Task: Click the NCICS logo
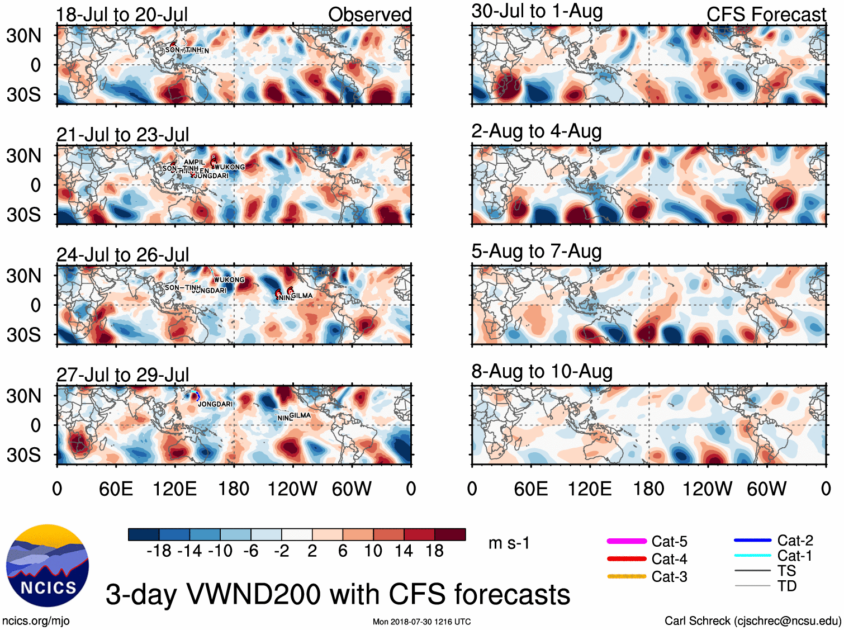coord(48,565)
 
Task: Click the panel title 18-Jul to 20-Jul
coord(122,15)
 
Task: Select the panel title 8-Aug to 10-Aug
coord(542,371)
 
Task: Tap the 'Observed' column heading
coord(369,15)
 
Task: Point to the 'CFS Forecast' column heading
coord(766,15)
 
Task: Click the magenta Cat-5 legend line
coord(627,541)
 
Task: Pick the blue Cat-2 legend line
coord(752,540)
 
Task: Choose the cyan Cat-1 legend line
coord(752,556)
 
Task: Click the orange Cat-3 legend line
coord(627,576)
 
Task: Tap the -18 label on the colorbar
coord(159,551)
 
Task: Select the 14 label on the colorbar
coord(404,551)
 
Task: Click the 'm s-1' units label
coord(509,543)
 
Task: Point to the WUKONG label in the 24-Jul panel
coord(229,280)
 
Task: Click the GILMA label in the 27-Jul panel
coord(300,415)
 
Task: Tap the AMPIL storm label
coord(195,162)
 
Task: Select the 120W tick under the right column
coord(707,489)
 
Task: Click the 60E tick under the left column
coord(116,489)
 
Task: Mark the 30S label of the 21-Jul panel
coord(23,215)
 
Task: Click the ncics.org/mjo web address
coord(36,620)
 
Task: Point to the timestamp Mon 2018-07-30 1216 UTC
coord(421,622)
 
